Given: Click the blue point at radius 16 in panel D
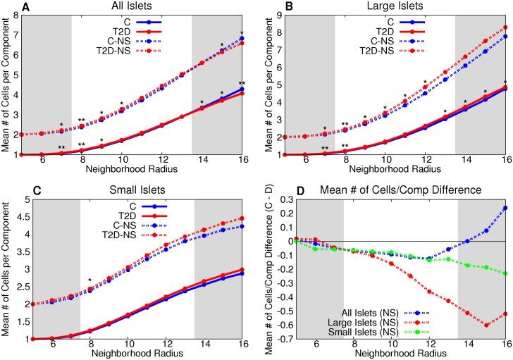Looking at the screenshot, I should (505, 208).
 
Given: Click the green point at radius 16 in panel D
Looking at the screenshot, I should (505, 273).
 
